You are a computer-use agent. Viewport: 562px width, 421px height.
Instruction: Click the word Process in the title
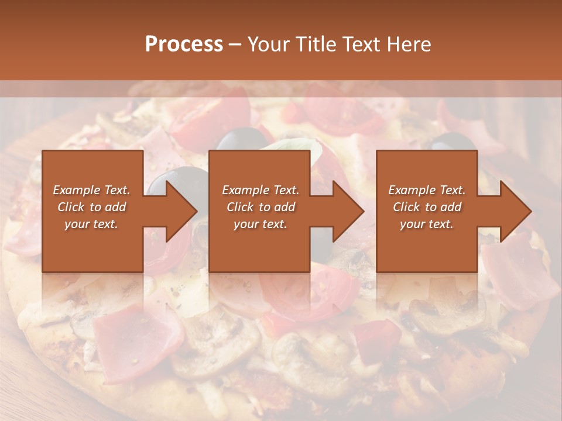(x=184, y=44)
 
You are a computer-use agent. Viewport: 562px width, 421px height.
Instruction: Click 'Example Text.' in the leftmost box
(x=91, y=190)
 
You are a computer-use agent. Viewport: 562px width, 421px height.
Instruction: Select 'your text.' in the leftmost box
(x=91, y=224)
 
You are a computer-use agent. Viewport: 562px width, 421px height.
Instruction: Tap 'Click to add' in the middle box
(x=261, y=207)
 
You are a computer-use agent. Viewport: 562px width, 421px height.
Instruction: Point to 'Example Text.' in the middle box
(x=261, y=190)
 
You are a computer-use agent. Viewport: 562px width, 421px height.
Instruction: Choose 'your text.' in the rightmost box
(x=427, y=224)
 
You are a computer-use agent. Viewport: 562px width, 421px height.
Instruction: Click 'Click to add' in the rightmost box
(x=427, y=207)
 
